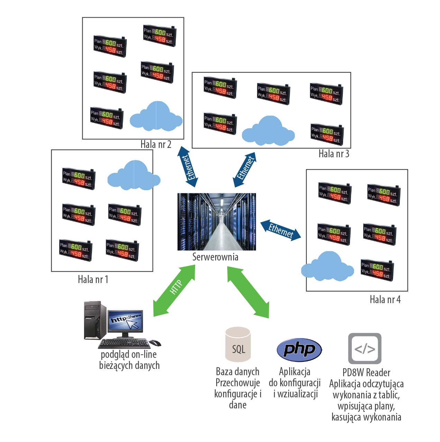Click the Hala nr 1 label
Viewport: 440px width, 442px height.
[93, 279]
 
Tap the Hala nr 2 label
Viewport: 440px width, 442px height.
[156, 144]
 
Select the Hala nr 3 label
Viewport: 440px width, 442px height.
[334, 153]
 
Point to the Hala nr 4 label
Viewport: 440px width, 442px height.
[385, 299]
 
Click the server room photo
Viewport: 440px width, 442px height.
[217, 222]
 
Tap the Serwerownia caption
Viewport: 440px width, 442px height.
[215, 257]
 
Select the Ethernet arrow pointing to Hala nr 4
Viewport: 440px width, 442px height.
[281, 230]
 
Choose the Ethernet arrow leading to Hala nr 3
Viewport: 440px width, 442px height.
[245, 169]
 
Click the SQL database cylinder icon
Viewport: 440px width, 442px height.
[238, 344]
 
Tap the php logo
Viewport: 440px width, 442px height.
[299, 350]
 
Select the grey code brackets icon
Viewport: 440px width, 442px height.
[365, 348]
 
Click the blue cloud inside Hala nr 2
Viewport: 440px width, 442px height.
[156, 117]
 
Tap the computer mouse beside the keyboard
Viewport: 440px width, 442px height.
[155, 343]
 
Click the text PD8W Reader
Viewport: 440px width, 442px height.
[366, 373]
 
